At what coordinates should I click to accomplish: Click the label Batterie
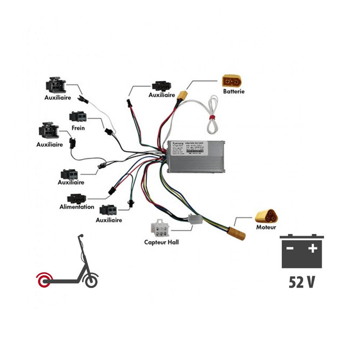click(234, 91)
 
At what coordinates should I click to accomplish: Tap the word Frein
click(78, 128)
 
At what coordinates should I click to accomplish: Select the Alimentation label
click(76, 207)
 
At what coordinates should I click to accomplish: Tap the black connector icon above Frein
click(78, 117)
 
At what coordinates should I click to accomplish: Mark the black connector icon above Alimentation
click(77, 198)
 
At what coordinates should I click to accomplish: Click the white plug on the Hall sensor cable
click(196, 220)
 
